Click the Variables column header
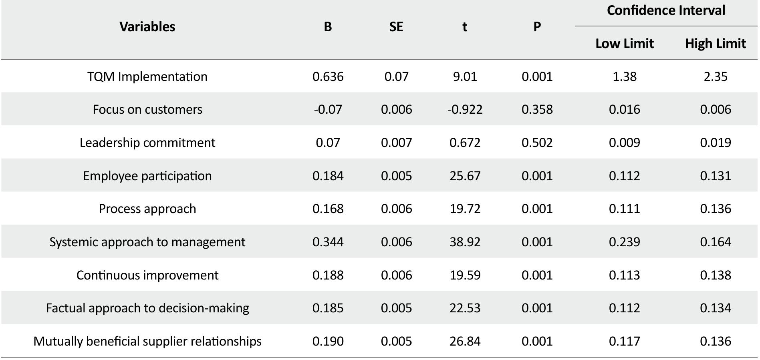click(x=147, y=27)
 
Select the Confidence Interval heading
click(x=665, y=10)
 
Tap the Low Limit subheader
click(x=624, y=44)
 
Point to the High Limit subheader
click(x=715, y=44)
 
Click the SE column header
click(x=396, y=27)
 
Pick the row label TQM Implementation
click(x=147, y=76)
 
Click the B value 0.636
click(x=328, y=76)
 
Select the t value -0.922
click(x=465, y=110)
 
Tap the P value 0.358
click(x=537, y=110)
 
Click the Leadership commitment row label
click(x=147, y=143)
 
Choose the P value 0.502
click(x=537, y=143)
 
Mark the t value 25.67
click(x=465, y=176)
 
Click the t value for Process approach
click(x=465, y=209)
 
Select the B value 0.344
click(x=328, y=242)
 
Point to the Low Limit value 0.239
click(x=624, y=242)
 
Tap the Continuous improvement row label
click(x=147, y=275)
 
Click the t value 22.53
click(x=465, y=308)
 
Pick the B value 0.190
click(x=328, y=341)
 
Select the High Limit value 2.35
click(x=715, y=76)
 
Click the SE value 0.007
click(x=396, y=143)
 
